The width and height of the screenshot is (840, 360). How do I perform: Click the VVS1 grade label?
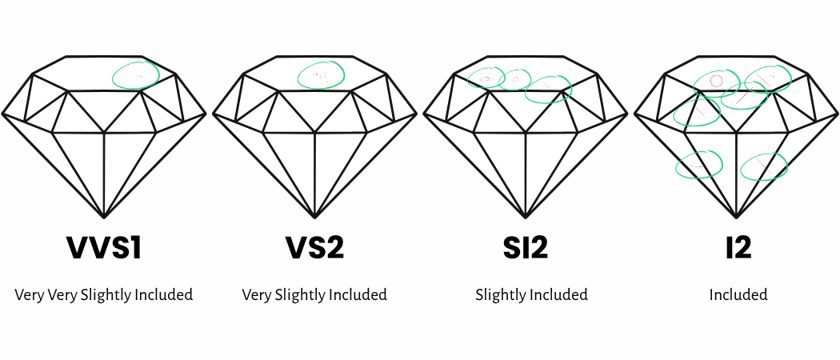coord(104,247)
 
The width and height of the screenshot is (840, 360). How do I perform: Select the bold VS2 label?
coord(314,247)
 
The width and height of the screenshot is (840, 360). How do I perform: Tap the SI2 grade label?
coord(526,247)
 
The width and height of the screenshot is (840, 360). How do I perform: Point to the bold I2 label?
coord(738,247)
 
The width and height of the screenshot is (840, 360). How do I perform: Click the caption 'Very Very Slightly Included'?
coord(104,294)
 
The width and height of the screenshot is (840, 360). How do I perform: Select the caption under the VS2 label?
coord(314,294)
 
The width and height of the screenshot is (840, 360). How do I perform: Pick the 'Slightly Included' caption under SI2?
coord(531,294)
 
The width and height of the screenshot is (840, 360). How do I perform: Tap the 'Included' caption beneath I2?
coord(738,294)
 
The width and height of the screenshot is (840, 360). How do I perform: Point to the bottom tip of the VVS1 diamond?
coord(104,218)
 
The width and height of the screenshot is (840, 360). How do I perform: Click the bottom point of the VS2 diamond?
coord(314,218)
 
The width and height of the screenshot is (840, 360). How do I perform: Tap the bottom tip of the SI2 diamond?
coord(526,218)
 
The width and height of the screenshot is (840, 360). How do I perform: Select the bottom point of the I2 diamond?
coord(737,218)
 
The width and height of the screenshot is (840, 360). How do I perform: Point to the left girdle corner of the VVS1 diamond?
coord(2,114)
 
